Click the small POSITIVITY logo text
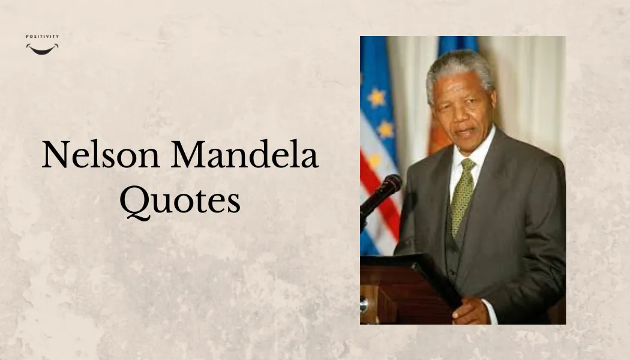(42, 37)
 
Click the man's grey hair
(459, 65)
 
